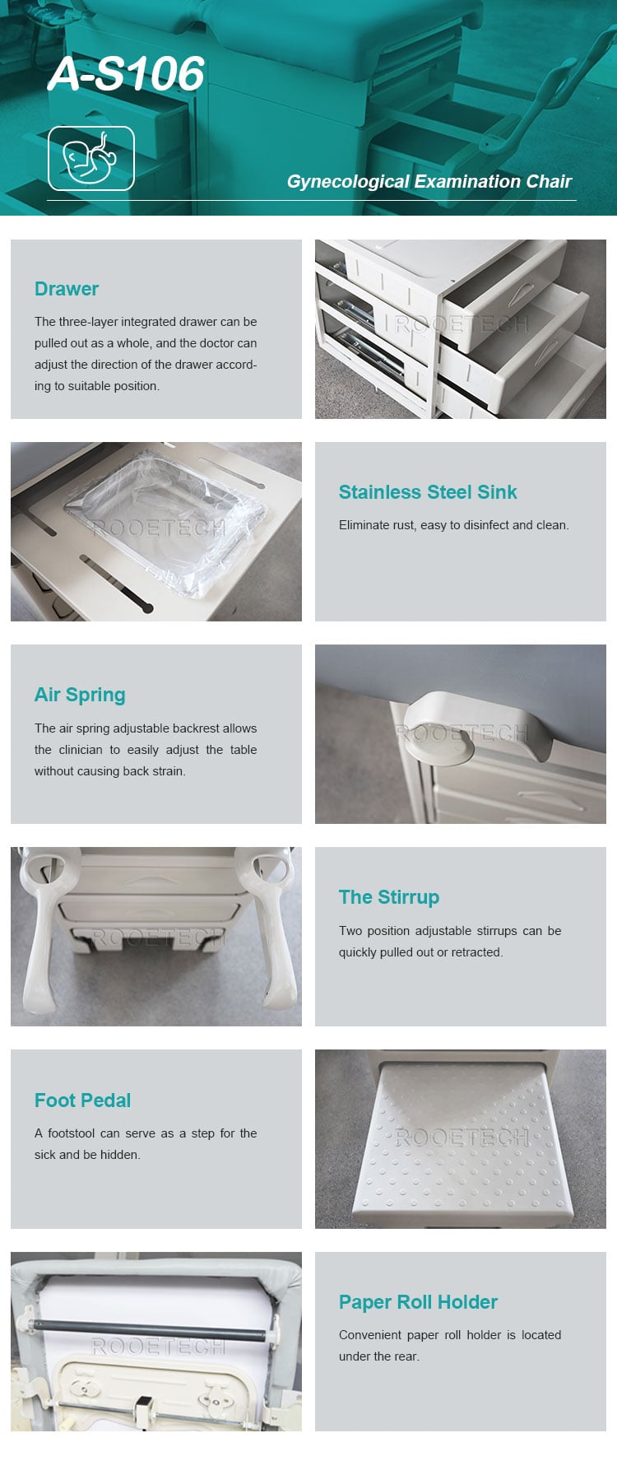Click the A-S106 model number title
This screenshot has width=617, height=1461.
126,74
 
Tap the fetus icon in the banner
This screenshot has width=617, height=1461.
90,158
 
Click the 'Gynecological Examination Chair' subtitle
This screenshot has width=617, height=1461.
429,182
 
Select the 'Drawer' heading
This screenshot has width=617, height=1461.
67,289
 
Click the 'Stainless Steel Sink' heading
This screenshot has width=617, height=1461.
428,492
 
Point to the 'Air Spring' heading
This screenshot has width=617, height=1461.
80,695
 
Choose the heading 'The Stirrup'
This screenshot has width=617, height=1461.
389,897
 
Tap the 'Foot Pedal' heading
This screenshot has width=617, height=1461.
82,1100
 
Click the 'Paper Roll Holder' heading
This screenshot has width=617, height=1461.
418,1302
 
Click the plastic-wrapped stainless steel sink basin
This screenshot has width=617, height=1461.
169,527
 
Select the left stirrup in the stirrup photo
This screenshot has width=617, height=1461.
41,930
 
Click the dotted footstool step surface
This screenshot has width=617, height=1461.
461,1140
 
